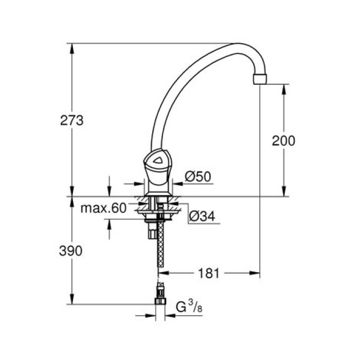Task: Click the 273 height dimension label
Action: [72, 121]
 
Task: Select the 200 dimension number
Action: [283, 140]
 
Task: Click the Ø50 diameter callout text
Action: [195, 176]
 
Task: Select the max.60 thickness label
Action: [103, 208]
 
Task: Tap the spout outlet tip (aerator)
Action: [261, 79]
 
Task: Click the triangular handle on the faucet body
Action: [157, 163]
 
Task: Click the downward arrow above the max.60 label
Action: [109, 192]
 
